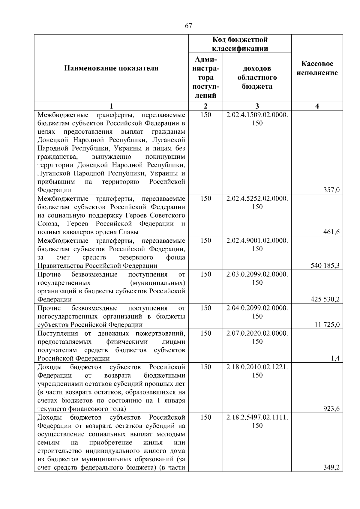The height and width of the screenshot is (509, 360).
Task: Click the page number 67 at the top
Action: pyautogui.click(x=188, y=26)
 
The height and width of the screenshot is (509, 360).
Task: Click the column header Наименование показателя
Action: pyautogui.click(x=111, y=68)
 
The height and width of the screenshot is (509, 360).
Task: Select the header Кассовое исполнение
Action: pyautogui.click(x=317, y=68)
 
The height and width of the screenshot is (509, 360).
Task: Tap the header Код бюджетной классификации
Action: pyautogui.click(x=240, y=44)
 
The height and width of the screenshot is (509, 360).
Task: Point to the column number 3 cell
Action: pyautogui.click(x=257, y=106)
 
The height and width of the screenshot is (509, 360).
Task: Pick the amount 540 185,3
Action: pyautogui.click(x=325, y=265)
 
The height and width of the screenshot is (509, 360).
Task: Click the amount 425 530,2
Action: pyautogui.click(x=325, y=299)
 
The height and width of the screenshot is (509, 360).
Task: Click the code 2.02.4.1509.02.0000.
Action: pyautogui.click(x=257, y=115)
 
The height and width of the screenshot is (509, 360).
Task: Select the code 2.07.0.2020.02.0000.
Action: pyautogui.click(x=257, y=333)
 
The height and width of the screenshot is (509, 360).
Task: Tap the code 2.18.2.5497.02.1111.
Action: pyautogui.click(x=257, y=417)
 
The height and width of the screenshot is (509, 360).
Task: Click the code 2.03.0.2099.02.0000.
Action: pyautogui.click(x=257, y=274)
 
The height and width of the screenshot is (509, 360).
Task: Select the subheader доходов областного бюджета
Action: pyautogui.click(x=257, y=77)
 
